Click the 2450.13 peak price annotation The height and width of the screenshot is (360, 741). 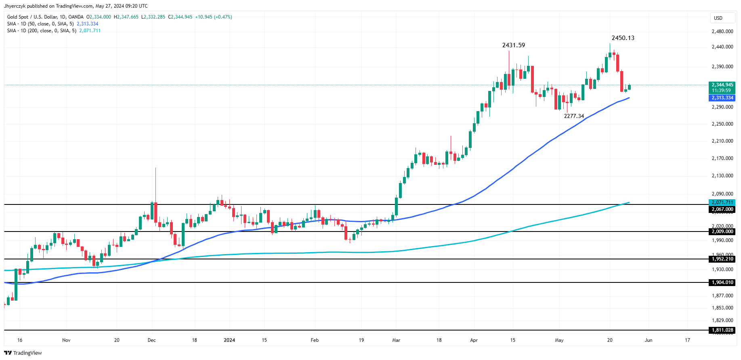623,38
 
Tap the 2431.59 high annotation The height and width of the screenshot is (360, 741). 513,45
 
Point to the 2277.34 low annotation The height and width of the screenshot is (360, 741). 574,116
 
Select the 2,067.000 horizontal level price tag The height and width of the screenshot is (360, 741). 722,209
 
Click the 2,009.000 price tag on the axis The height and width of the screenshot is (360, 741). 722,232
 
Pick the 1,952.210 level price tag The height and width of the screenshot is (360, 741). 722,259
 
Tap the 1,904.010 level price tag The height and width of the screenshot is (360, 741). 722,282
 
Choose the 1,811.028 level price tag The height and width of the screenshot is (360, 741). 722,330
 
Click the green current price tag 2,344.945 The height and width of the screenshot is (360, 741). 722,85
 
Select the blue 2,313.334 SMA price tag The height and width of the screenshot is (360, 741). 722,98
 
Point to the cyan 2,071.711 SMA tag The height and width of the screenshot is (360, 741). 722,202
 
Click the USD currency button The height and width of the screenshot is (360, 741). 718,18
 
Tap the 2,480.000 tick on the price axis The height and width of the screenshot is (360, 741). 722,32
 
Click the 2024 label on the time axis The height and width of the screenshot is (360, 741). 229,340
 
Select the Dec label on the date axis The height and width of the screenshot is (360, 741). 151,340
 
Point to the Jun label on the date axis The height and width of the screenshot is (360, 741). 648,340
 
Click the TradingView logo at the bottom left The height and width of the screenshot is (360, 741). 23,353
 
